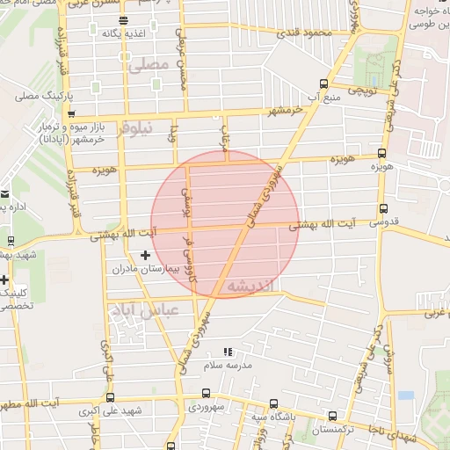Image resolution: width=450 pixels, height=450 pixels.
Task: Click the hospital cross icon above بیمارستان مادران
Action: [145, 255]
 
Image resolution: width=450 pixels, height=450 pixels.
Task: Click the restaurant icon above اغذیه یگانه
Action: [122, 19]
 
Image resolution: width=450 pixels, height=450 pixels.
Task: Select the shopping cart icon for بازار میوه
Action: [72, 113]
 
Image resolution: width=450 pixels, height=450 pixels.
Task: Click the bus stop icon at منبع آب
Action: [323, 84]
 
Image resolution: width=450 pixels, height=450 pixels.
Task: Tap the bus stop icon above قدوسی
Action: [382, 208]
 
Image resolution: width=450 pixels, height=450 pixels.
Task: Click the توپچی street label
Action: [362, 90]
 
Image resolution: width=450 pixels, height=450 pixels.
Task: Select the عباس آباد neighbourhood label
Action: [144, 310]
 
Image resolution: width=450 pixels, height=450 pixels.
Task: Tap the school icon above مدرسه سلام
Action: [229, 352]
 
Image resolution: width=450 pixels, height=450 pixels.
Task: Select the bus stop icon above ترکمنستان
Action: [332, 416]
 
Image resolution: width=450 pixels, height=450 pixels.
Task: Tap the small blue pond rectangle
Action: [405, 396]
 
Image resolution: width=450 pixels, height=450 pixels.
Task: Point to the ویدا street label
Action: [176, 136]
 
